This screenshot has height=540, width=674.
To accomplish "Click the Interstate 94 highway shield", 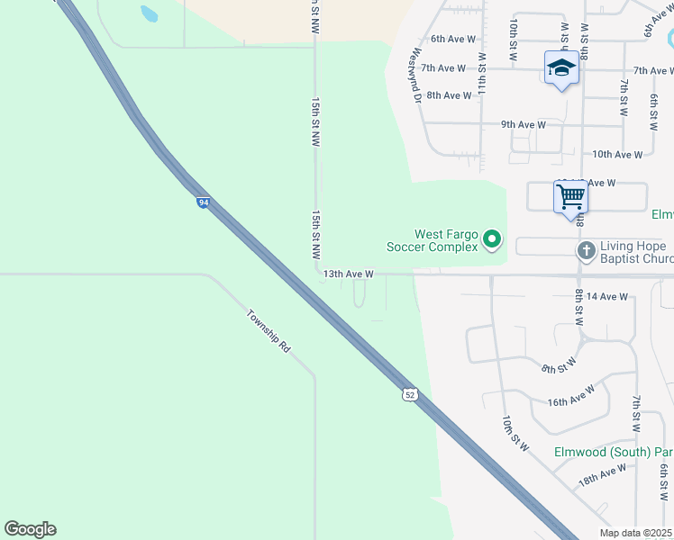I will (x=204, y=202).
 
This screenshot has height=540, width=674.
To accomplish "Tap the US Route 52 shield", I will (x=410, y=394).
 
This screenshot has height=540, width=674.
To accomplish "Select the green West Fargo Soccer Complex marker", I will (x=491, y=239).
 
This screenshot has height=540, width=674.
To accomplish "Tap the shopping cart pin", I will (x=570, y=197).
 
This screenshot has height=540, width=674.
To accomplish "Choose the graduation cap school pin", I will (x=561, y=67).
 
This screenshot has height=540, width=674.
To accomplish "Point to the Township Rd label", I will (x=269, y=331).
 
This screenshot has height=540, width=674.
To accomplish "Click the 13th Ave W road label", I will (x=348, y=274).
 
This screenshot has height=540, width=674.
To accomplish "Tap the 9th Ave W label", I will (x=524, y=125).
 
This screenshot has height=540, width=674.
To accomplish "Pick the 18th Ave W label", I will (x=602, y=475).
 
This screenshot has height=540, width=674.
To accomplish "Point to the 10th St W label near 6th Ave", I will (x=513, y=38).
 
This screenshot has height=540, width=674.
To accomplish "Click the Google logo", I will (x=30, y=529).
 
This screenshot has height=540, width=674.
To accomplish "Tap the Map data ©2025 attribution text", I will (x=636, y=532).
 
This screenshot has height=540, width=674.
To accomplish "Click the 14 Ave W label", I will (x=606, y=295).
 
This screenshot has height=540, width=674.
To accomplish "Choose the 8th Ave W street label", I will (x=449, y=95).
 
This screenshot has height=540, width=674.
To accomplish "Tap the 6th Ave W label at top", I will (x=452, y=39).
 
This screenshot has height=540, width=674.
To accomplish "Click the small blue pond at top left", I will (x=149, y=13).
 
